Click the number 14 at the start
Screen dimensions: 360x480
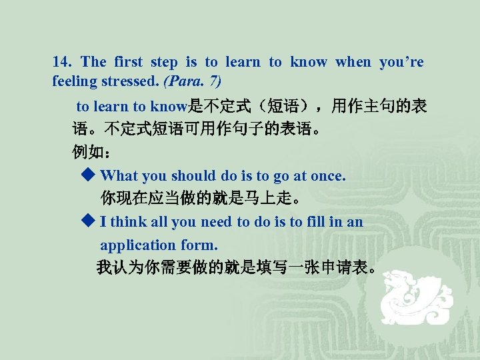[61, 63]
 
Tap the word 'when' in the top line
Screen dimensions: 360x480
[353, 63]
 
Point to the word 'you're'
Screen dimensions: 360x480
[401, 63]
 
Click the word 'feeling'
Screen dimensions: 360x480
[75, 81]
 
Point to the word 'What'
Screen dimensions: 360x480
[119, 176]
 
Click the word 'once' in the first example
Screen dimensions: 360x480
[328, 176]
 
